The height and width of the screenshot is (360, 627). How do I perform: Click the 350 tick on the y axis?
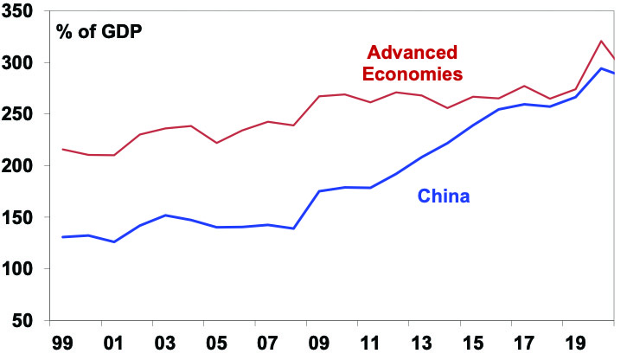(x=22, y=12)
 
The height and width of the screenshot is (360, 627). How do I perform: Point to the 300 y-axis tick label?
(x=22, y=63)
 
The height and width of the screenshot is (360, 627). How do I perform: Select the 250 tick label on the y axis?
(x=22, y=115)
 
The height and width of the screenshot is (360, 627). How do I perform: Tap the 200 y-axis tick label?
(x=22, y=166)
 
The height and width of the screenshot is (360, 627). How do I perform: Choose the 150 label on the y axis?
(x=22, y=218)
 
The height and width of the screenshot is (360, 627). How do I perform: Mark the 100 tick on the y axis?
(x=22, y=269)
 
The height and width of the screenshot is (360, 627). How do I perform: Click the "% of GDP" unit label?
(x=99, y=33)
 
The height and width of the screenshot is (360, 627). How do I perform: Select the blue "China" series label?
(x=444, y=196)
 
